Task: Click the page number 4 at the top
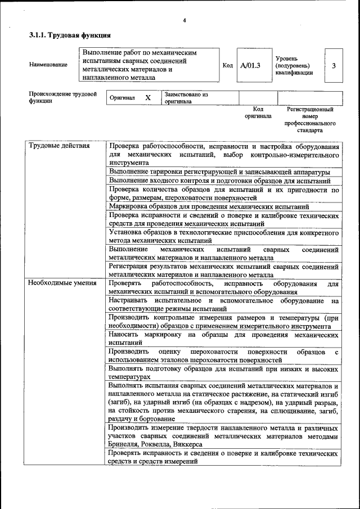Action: (184, 21)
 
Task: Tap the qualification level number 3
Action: (334, 66)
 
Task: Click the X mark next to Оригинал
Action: (148, 98)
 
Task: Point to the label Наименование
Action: (48, 65)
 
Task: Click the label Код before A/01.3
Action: (228, 66)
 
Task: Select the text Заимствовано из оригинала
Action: (186, 98)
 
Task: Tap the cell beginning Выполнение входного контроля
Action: (223, 181)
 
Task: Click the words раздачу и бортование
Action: (141, 419)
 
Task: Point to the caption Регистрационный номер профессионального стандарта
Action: (310, 119)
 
